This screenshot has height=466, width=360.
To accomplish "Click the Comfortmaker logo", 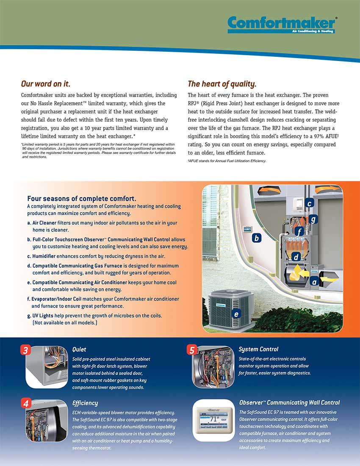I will tap(282, 25).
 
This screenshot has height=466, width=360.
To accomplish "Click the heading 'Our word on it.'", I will tap(46, 83).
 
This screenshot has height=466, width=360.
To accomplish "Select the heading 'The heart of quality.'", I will tap(222, 83).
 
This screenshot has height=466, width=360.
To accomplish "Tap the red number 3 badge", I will tap(26, 350).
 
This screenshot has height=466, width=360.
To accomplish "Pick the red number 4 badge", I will tap(26, 404).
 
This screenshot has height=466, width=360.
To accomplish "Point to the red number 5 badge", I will tap(192, 350).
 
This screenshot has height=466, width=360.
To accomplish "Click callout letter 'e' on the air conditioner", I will tap(236, 314).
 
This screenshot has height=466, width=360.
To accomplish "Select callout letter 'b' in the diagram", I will tap(256, 238).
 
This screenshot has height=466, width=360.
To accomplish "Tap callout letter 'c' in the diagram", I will tap(310, 204).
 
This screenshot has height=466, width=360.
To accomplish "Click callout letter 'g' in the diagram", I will tap(313, 219).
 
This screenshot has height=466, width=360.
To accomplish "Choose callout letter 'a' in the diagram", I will tap(314, 281).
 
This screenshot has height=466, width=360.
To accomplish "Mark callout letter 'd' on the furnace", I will tap(296, 257).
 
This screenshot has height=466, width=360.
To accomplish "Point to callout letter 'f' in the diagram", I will tap(299, 232).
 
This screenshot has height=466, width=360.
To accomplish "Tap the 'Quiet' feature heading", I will tap(79, 349).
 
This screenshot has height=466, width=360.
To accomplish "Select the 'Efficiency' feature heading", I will tap(85, 403).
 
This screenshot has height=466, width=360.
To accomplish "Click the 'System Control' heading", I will tap(258, 349).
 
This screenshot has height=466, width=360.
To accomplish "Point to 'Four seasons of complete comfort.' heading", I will tap(81, 198).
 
